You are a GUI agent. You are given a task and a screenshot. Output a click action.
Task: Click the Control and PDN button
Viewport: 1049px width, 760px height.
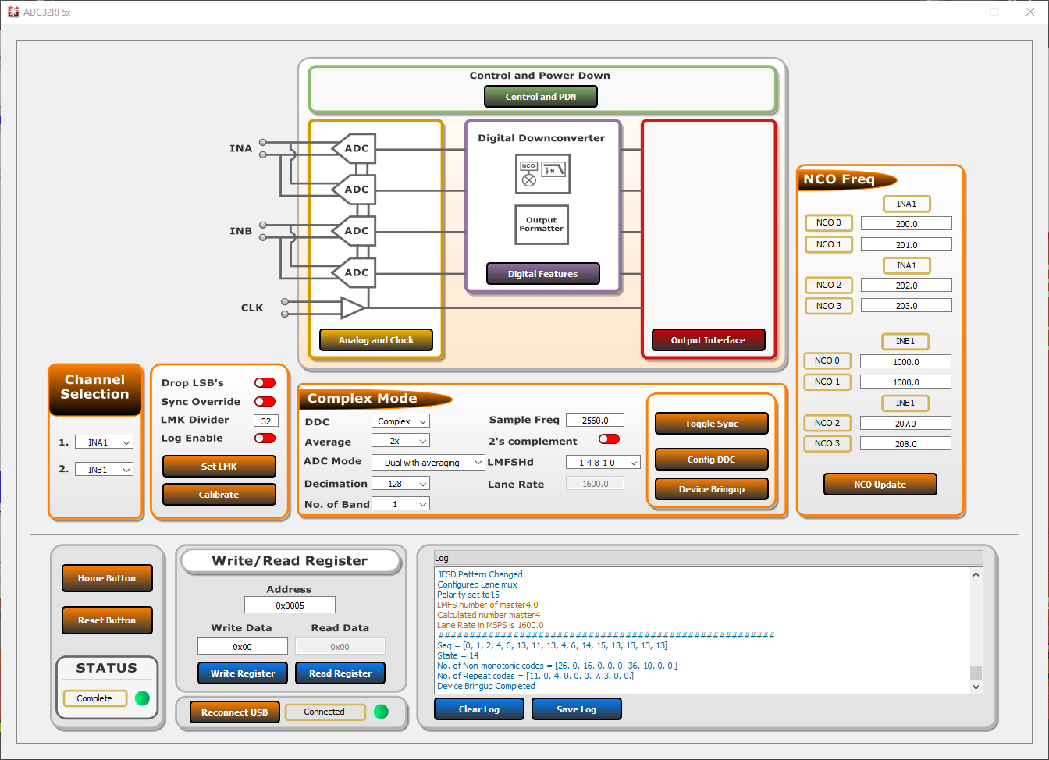tap(541, 97)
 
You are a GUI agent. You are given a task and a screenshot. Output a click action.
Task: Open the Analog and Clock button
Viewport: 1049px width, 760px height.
tap(376, 340)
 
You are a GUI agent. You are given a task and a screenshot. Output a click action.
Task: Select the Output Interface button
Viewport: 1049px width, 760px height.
tap(708, 340)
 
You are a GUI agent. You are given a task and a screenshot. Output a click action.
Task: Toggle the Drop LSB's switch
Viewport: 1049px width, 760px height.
tap(265, 383)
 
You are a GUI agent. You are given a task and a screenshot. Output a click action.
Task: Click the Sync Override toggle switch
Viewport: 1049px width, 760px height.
tap(265, 402)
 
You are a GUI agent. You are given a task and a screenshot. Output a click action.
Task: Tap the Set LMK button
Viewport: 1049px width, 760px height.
tap(219, 467)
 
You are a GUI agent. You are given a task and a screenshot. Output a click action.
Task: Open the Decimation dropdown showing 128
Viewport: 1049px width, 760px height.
tap(401, 484)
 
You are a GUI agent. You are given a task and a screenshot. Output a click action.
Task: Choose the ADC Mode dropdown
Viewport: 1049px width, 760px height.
tap(428, 463)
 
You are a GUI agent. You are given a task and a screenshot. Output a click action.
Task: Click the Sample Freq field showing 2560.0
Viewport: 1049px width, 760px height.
tap(595, 421)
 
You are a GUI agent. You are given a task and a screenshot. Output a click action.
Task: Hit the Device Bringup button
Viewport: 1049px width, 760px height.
tap(711, 489)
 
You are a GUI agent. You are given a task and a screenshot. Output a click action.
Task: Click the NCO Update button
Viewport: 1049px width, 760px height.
tap(880, 485)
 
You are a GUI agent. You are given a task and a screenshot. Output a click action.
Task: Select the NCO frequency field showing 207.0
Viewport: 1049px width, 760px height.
tap(905, 424)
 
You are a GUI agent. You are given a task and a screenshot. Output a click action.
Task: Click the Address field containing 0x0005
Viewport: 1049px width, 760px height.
tap(290, 606)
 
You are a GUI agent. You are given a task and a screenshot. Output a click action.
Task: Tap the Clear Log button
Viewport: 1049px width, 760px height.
tap(478, 709)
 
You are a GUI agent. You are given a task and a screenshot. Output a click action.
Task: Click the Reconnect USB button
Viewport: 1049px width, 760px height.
tap(234, 712)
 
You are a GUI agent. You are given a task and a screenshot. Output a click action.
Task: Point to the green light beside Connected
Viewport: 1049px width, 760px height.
tap(381, 712)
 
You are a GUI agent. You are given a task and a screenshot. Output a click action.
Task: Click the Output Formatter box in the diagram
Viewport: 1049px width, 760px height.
tap(542, 225)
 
